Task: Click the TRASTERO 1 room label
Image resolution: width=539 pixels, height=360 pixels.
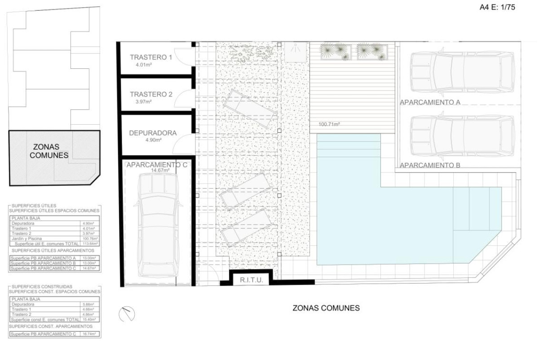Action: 151,58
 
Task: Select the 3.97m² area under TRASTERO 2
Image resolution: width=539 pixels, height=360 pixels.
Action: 144,102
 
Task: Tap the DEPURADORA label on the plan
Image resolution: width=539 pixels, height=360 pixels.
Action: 153,133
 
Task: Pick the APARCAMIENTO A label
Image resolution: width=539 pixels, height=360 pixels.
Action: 430,103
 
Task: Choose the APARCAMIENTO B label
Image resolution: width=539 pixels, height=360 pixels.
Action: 430,165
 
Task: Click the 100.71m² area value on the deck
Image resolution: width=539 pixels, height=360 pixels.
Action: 329,124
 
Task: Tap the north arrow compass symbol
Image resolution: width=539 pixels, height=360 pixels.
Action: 127,314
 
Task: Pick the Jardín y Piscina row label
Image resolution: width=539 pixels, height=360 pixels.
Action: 27,239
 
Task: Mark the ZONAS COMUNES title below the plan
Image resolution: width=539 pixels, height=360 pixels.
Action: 326,309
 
